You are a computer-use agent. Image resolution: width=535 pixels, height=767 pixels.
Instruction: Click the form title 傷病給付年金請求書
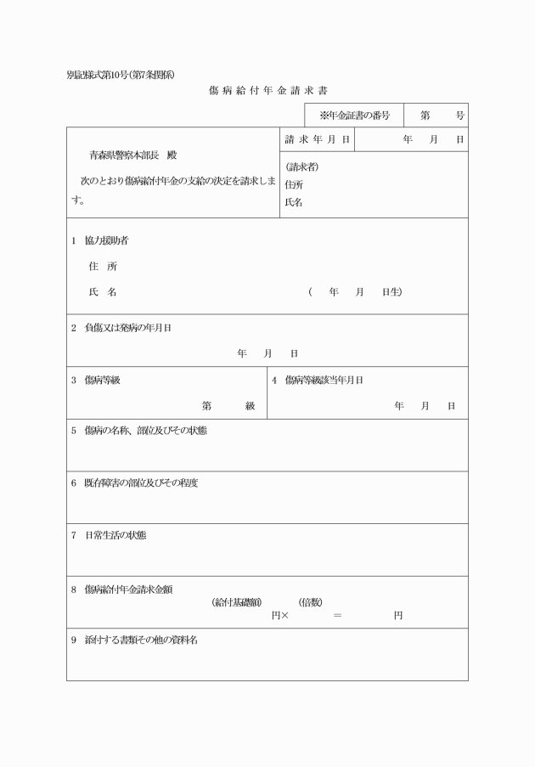pyautogui.click(x=267, y=90)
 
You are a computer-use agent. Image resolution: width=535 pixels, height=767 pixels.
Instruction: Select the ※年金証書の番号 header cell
pyautogui.click(x=354, y=116)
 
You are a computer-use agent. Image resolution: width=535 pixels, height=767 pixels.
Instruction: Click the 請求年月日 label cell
pyautogui.click(x=318, y=138)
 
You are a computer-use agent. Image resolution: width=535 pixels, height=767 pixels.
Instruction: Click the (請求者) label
pyautogui.click(x=302, y=167)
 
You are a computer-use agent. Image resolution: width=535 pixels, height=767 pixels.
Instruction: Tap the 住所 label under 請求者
pyautogui.click(x=294, y=184)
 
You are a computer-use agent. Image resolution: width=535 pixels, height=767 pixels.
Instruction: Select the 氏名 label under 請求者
pyautogui.click(x=294, y=202)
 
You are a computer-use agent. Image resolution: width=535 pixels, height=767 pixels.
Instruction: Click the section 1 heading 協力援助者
pyautogui.click(x=106, y=240)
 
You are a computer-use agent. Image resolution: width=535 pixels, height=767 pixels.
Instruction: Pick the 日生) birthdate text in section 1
pyautogui.click(x=391, y=292)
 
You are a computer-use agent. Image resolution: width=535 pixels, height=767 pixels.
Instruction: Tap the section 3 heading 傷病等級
pyautogui.click(x=102, y=380)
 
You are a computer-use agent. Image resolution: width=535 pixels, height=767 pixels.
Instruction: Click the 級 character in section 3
pyautogui.click(x=251, y=406)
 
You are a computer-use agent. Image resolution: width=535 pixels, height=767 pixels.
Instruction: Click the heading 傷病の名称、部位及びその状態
pyautogui.click(x=145, y=431)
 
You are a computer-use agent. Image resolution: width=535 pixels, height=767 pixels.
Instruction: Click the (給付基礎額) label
pyautogui.click(x=236, y=602)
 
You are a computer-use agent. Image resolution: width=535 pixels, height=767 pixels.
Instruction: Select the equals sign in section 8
pyautogui.click(x=337, y=615)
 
